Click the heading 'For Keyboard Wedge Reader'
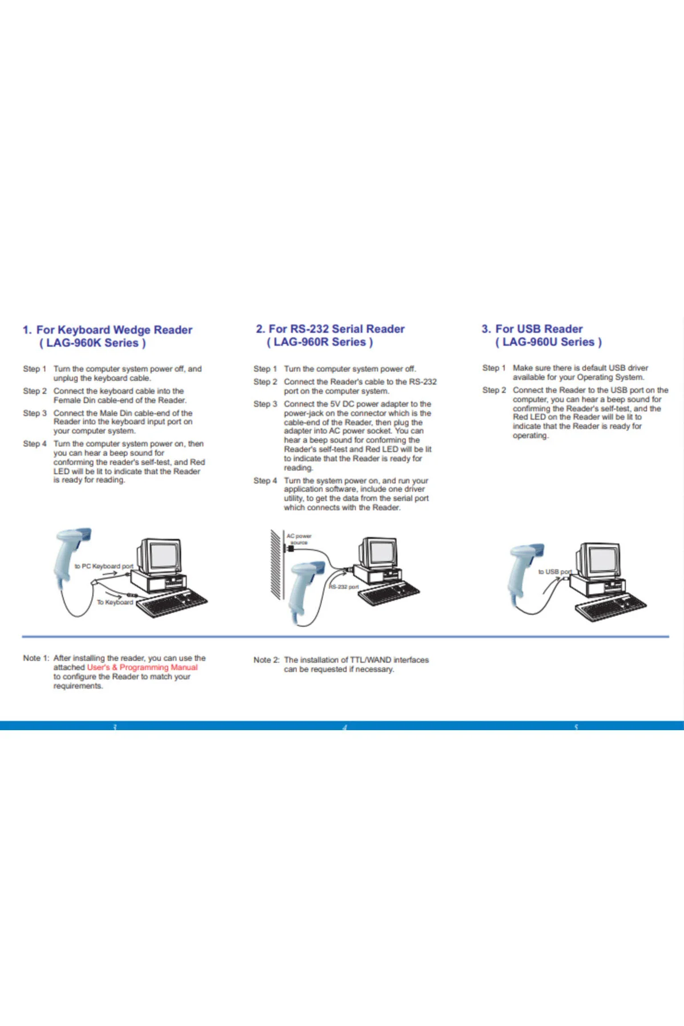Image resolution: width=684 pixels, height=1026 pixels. pyautogui.click(x=115, y=330)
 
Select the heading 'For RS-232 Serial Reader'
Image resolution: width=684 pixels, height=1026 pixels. pyautogui.click(x=337, y=329)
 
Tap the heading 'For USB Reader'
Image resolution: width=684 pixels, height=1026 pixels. pyautogui.click(x=539, y=329)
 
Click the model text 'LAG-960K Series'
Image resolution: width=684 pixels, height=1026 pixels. pyautogui.click(x=92, y=343)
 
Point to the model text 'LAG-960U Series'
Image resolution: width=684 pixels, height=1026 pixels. pyautogui.click(x=548, y=342)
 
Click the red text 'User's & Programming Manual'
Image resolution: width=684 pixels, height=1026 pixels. pyautogui.click(x=142, y=667)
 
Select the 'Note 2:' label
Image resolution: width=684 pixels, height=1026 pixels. pyautogui.click(x=266, y=660)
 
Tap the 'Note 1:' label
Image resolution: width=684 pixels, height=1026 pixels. pyautogui.click(x=36, y=658)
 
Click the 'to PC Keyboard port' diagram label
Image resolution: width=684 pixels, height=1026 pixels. pyautogui.click(x=104, y=566)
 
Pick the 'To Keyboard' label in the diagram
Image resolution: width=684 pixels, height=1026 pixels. pyautogui.click(x=115, y=602)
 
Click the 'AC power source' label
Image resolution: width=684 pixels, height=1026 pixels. pyautogui.click(x=299, y=539)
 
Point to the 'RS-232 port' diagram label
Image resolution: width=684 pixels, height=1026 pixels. pyautogui.click(x=344, y=587)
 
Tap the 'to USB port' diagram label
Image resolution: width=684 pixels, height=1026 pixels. pyautogui.click(x=555, y=572)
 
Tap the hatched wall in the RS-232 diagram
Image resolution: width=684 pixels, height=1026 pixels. pyautogui.click(x=276, y=564)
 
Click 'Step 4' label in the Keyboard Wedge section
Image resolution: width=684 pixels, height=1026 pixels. pyautogui.click(x=35, y=443)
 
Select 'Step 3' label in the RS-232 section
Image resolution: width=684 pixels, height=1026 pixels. pyautogui.click(x=266, y=404)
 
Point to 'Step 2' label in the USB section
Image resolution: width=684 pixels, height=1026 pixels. pyautogui.click(x=494, y=390)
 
